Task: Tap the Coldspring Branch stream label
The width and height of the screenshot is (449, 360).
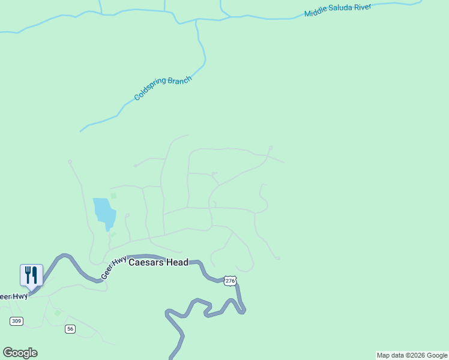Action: [163, 88]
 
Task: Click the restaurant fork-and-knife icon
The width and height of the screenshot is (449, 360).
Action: [31, 275]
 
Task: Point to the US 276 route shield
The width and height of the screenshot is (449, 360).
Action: [229, 281]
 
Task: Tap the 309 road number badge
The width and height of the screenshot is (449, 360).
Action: [16, 322]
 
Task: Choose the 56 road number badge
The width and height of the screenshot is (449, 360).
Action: [70, 329]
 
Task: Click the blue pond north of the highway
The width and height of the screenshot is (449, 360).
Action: [103, 212]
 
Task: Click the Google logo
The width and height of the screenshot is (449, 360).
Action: [20, 353]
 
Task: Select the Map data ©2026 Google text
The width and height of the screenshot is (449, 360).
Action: [412, 355]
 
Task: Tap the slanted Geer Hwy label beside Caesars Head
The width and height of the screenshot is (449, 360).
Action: [113, 268]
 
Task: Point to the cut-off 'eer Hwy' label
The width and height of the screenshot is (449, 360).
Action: [13, 296]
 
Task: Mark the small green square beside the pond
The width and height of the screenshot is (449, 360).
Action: [113, 196]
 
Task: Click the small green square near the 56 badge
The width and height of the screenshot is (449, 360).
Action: [57, 313]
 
